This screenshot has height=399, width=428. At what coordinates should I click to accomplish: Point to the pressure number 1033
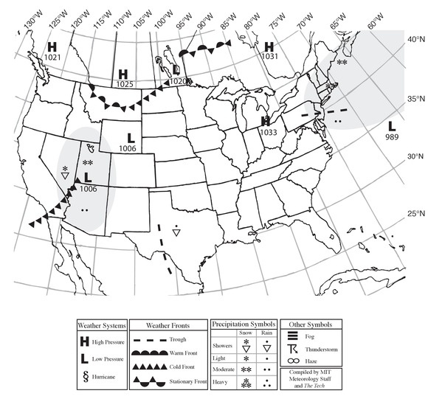coord(268,132)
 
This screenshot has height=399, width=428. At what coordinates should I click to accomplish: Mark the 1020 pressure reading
coord(177,80)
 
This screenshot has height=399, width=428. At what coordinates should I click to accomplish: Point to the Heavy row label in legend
coord(221,381)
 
